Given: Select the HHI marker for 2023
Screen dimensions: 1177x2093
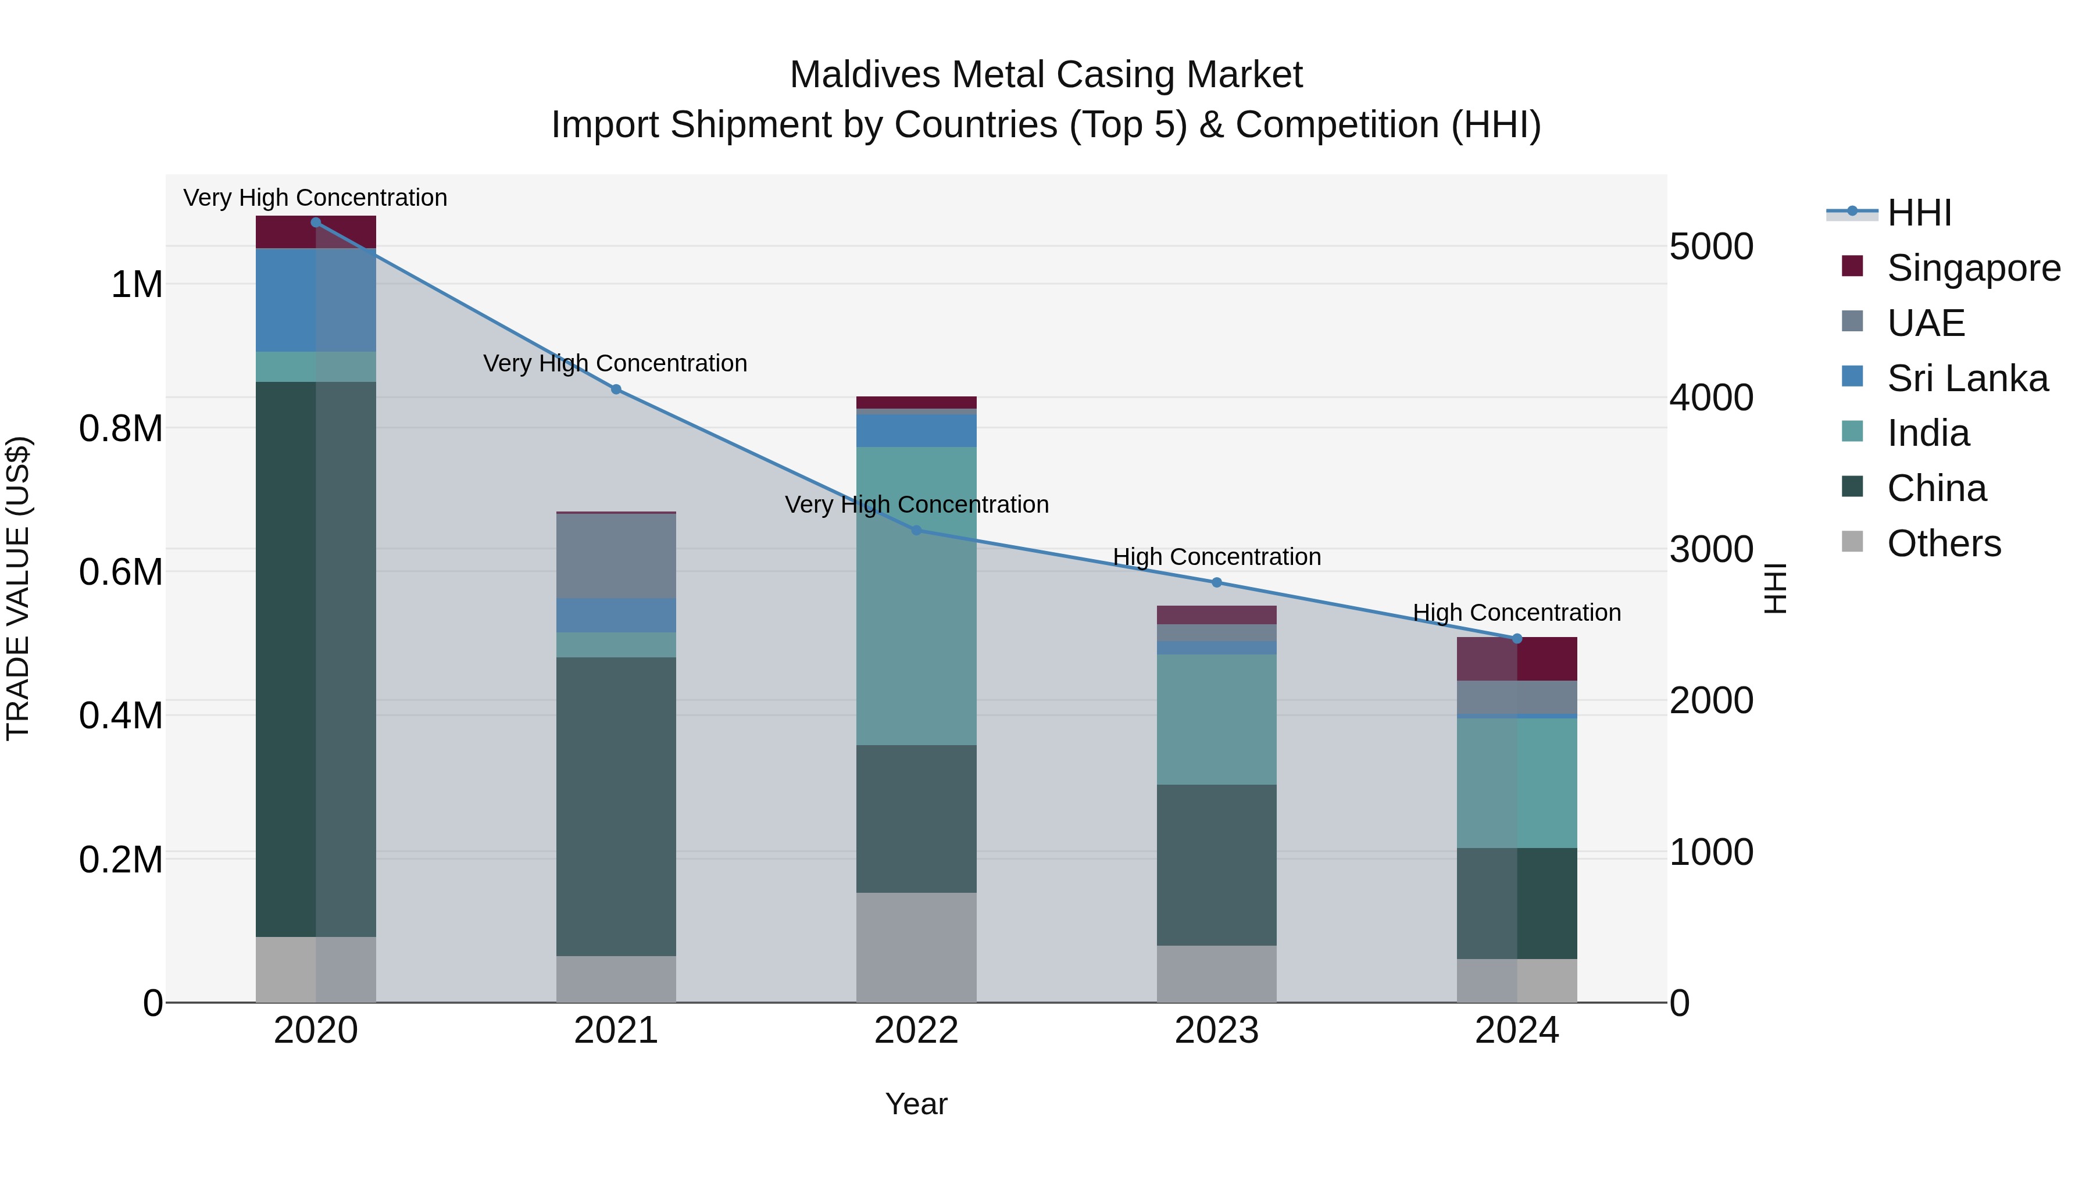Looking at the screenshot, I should point(1216,583).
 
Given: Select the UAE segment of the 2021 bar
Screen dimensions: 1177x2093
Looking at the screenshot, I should point(616,556).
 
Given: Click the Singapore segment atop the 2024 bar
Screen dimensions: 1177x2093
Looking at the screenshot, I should point(1517,659).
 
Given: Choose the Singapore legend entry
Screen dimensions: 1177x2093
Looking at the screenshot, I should point(1973,268).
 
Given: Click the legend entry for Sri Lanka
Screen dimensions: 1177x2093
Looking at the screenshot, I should point(1967,378).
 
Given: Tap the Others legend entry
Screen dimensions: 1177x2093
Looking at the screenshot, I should point(1944,543).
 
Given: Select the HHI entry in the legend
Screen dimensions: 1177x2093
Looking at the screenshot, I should point(1919,213).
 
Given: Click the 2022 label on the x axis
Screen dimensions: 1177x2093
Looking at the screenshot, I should point(916,1031).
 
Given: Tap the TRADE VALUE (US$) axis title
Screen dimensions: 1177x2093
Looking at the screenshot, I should point(18,588).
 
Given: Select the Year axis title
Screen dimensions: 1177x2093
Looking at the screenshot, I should point(916,1104).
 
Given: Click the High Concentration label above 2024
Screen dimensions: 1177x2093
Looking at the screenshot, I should point(1517,613).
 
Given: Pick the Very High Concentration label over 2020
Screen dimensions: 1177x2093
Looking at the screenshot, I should point(315,198).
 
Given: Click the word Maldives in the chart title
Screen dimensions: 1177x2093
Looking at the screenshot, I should point(865,75).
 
